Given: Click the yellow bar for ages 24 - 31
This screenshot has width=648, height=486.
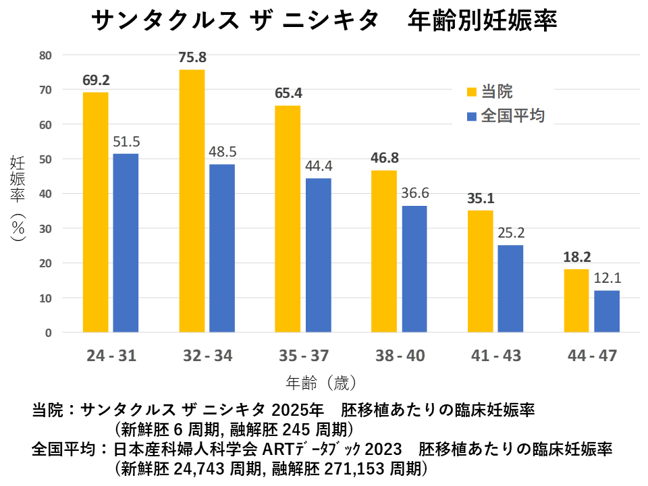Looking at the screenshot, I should [x=96, y=212].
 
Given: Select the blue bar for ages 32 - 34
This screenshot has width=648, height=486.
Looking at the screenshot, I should [x=222, y=248].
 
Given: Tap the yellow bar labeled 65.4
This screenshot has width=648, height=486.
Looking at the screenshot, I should [x=288, y=219].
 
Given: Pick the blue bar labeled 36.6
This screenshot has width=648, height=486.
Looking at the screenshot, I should [x=414, y=269].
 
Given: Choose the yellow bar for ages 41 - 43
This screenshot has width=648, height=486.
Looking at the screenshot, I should [x=481, y=271].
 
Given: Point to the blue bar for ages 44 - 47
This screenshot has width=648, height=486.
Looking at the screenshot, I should [x=607, y=311].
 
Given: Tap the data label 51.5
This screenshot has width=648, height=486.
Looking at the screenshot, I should [x=126, y=142].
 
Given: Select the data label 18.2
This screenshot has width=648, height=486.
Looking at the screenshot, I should [x=577, y=257].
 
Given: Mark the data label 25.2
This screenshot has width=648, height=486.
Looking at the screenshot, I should [x=511, y=234].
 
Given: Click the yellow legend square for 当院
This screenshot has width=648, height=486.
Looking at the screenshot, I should [x=470, y=92].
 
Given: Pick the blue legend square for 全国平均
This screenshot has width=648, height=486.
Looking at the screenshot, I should [x=470, y=115].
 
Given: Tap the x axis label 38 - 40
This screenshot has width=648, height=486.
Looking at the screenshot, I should [x=398, y=356].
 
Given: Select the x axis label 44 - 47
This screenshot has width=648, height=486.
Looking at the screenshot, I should [x=592, y=356].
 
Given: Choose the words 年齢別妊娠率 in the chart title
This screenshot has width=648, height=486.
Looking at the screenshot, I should [x=483, y=21].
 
